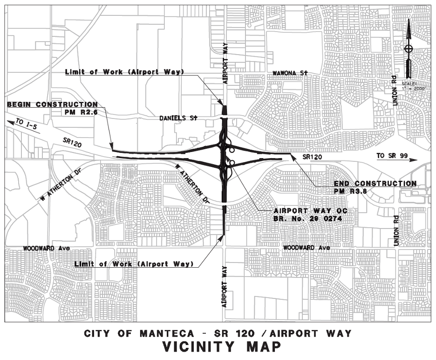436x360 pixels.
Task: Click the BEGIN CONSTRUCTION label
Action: coord(52,104)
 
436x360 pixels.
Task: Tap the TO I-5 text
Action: coord(25,123)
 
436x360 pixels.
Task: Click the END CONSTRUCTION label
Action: coord(375,184)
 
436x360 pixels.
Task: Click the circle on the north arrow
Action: coord(409,48)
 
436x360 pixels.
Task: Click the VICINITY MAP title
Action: coord(221,347)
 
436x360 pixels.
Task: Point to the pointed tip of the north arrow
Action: coord(409,20)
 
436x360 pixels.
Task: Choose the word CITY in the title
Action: coord(100,334)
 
